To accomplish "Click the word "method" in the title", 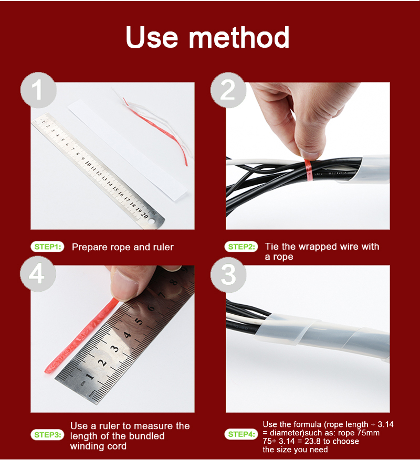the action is point(239,37).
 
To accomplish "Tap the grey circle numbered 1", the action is point(38,90).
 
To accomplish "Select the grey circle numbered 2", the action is point(228,90).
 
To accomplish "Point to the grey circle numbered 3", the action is point(228,275).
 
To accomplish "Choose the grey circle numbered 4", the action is point(38,274).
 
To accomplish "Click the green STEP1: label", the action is point(47,247).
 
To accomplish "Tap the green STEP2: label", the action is point(241,247).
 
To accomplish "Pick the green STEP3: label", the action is point(47,434).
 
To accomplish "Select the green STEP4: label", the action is point(241,434).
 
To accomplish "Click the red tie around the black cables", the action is point(308,170).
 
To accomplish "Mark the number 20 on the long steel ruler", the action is point(144,215).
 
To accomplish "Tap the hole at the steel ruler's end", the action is point(152,221).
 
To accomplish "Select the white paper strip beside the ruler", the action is point(127,150).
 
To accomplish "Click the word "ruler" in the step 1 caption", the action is point(163,247).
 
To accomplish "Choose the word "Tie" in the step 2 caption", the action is point(271,247).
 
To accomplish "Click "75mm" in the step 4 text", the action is point(369,433).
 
